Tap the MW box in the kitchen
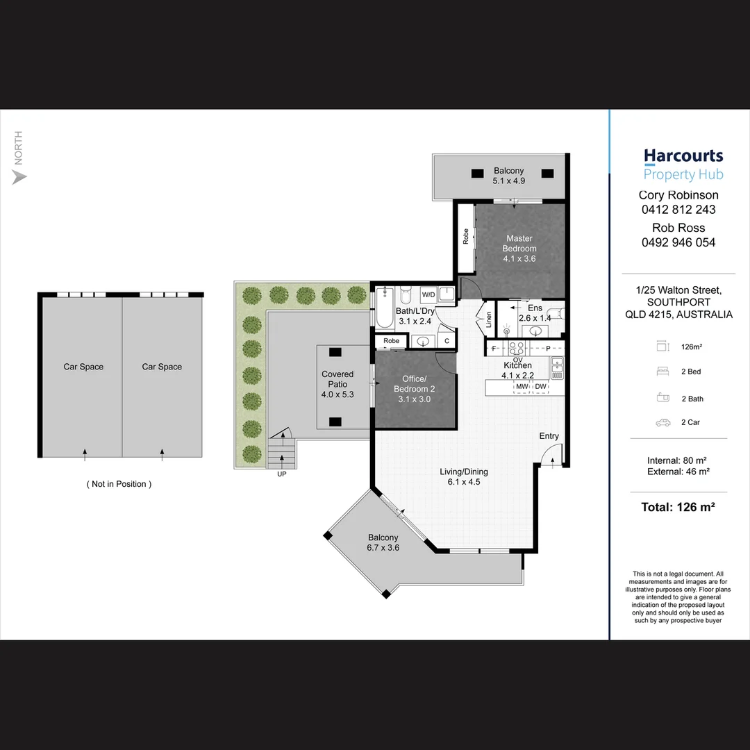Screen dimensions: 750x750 pyautogui.click(x=522, y=386)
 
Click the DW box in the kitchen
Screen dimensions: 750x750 pyautogui.click(x=541, y=386)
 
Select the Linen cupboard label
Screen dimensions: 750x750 pyautogui.click(x=489, y=319)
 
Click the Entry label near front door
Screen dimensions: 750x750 pyautogui.click(x=549, y=436)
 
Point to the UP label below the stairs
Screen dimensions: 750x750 pyautogui.click(x=281, y=474)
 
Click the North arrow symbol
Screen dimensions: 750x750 pyautogui.click(x=19, y=177)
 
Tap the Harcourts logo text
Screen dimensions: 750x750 pyautogui.click(x=683, y=156)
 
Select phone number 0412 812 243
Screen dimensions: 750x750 pyautogui.click(x=678, y=210)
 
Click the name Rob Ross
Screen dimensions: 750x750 pyautogui.click(x=678, y=228)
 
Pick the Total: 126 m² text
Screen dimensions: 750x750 pyautogui.click(x=678, y=507)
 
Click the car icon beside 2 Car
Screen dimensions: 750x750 pyautogui.click(x=662, y=422)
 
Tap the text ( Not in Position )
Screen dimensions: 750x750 pyautogui.click(x=119, y=484)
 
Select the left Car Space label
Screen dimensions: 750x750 pyautogui.click(x=83, y=367)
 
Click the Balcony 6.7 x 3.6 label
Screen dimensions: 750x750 pyautogui.click(x=383, y=542)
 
